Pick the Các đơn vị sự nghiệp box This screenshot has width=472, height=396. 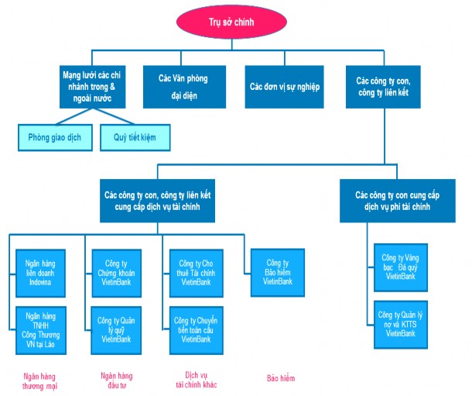click(284, 86)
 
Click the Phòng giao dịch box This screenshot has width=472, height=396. click(54, 137)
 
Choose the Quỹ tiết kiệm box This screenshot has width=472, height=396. click(135, 137)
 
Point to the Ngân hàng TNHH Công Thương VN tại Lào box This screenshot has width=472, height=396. click(45, 329)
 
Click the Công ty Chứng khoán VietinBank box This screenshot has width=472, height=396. click(115, 270)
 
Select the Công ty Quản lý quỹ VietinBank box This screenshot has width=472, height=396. click(115, 329)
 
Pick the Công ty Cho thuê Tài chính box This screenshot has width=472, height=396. click(196, 270)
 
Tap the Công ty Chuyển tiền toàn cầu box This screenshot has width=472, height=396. click(196, 329)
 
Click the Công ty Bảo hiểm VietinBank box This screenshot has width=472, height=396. click(277, 270)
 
